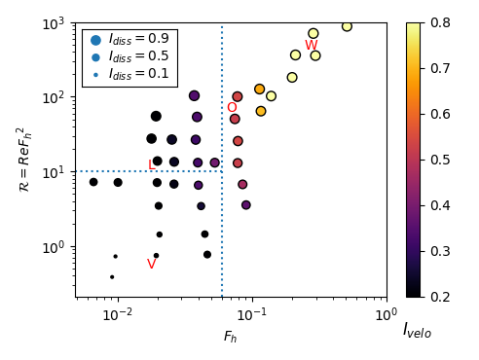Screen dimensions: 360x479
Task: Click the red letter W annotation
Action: point(311,46)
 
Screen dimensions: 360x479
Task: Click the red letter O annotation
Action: point(232,108)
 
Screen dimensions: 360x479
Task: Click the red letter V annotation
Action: point(151,265)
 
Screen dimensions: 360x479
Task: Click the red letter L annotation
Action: point(151,165)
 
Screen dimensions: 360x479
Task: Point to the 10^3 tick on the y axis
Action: point(57,22)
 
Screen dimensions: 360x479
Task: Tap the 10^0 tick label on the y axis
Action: point(57,247)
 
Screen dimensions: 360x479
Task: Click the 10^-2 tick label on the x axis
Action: point(118,314)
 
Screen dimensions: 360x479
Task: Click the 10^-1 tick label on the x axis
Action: point(252,314)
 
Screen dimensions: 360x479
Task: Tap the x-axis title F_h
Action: point(231,337)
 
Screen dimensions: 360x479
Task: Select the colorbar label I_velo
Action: point(417,331)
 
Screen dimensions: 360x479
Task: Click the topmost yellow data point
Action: point(347,26)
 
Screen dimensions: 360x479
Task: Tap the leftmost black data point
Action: point(93,182)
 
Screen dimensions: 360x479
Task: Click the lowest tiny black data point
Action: point(112,277)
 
